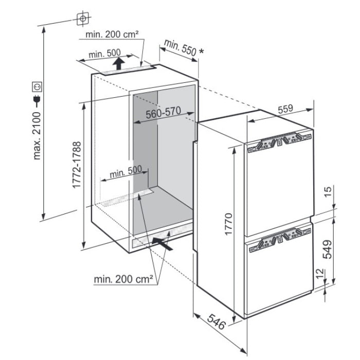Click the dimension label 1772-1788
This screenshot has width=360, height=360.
pos(77,165)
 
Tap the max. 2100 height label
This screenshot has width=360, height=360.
pos(37,135)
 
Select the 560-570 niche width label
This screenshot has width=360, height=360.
pos(163,113)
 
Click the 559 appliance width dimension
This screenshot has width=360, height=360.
pos(285,109)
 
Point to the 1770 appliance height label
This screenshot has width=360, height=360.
pos(229,224)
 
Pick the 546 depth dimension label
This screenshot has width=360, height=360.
pos(217,321)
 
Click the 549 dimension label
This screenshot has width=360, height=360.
pos(327,249)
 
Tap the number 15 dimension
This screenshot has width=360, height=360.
pos(328,191)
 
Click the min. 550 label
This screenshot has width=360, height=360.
pos(181,48)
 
